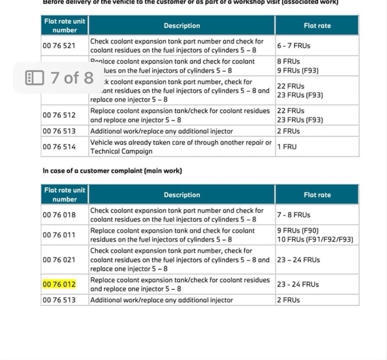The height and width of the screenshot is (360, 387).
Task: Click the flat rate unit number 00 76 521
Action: pyautogui.click(x=59, y=46)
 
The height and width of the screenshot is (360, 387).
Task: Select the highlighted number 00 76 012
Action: pyautogui.click(x=59, y=284)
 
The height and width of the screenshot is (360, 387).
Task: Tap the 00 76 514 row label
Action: pyautogui.click(x=59, y=147)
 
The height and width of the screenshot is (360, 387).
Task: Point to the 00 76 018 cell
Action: pyautogui.click(x=59, y=215)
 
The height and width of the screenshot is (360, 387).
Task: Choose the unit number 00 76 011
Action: pyautogui.click(x=59, y=235)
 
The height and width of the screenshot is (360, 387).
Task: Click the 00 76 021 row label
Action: pyautogui.click(x=59, y=260)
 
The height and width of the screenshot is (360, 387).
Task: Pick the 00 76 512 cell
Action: pyautogui.click(x=59, y=115)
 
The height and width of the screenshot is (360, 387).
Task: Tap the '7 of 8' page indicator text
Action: pyautogui.click(x=72, y=78)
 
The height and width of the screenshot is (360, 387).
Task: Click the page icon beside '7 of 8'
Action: pyautogui.click(x=34, y=78)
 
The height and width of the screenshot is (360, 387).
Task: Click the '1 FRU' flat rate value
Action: pyautogui.click(x=287, y=147)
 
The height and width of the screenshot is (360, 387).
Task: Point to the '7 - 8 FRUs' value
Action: pyautogui.click(x=293, y=215)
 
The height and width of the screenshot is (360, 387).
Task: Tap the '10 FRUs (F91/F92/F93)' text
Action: pyautogui.click(x=315, y=240)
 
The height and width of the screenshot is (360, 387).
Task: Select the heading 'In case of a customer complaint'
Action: pyautogui.click(x=112, y=171)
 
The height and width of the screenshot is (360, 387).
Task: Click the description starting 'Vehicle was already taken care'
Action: pyautogui.click(x=180, y=142)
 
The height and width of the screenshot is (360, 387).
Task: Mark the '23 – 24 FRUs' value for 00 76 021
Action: pyautogui.click(x=298, y=260)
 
